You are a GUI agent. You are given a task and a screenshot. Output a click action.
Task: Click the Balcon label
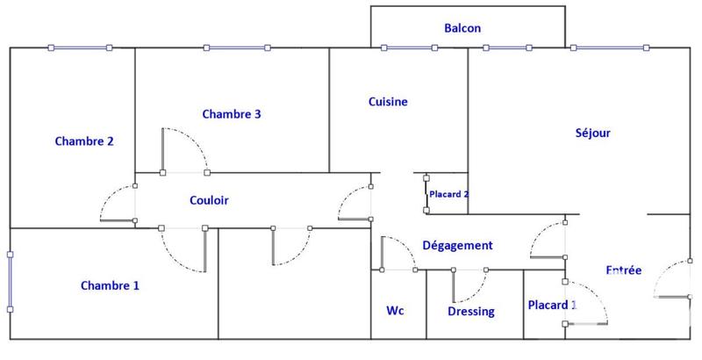click(x=462, y=28)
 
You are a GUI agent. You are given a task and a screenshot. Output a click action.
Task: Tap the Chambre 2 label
click(x=84, y=140)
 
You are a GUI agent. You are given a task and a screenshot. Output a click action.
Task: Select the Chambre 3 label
click(x=232, y=114)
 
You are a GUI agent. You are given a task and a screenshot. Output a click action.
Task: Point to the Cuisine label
click(x=387, y=102)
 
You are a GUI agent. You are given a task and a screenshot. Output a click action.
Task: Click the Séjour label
click(x=592, y=133)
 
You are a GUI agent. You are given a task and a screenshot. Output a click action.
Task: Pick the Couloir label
click(x=209, y=200)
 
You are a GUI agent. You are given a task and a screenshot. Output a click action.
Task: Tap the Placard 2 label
click(x=448, y=194)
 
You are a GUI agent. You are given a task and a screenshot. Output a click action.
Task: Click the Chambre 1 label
click(x=110, y=285)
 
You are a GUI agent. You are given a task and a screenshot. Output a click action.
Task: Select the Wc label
click(x=395, y=311)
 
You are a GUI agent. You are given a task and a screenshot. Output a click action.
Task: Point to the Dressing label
click(x=471, y=312)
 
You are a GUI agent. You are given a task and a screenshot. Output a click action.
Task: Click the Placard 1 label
click(x=552, y=306)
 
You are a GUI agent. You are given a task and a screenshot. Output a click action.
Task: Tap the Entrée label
click(x=624, y=270)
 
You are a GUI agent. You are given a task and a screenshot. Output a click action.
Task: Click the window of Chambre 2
click(x=80, y=48)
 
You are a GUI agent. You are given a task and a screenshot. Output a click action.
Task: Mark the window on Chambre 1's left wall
click(x=11, y=281)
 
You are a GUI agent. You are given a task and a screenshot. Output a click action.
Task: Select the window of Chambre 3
click(x=236, y=48)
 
